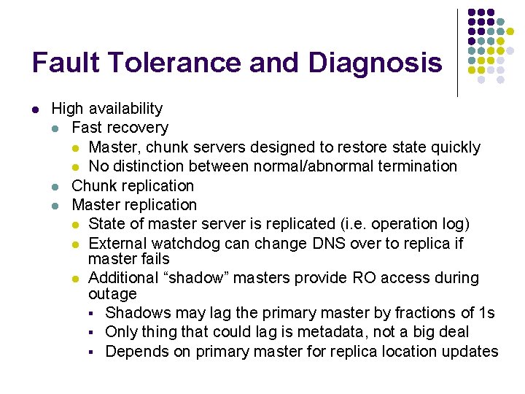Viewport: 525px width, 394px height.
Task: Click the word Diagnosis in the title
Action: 375,63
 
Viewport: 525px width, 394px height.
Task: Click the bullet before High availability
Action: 35,109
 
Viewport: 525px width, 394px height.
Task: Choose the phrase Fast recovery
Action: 120,128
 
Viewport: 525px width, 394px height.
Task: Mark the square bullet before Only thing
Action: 93,333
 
